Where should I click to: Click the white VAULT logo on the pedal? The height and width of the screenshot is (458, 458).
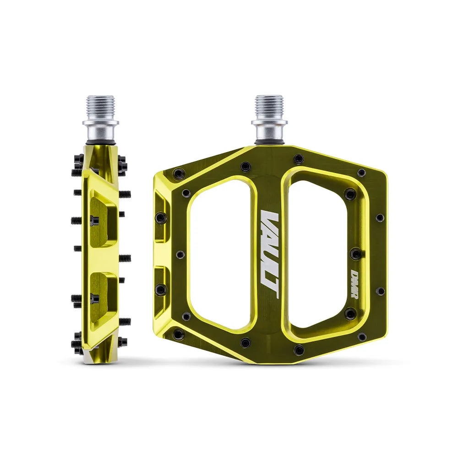click(x=269, y=255)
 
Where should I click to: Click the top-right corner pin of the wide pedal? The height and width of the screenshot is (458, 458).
click(x=362, y=173)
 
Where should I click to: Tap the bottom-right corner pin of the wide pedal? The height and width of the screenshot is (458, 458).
click(x=362, y=337)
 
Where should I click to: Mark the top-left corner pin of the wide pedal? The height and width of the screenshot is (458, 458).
click(x=179, y=174)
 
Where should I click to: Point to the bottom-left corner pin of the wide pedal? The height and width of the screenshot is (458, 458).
click(x=179, y=335)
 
